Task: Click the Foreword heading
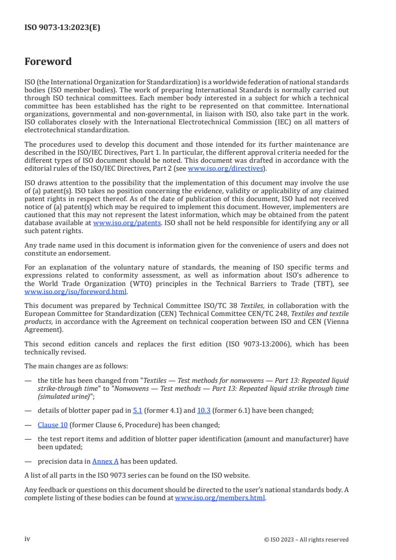[48, 62]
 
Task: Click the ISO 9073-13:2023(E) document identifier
[62, 28]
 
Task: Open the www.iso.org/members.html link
[220, 497]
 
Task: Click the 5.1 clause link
[137, 410]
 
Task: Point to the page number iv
[27, 539]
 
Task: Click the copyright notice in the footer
[306, 540]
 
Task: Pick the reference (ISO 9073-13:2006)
[270, 344]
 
